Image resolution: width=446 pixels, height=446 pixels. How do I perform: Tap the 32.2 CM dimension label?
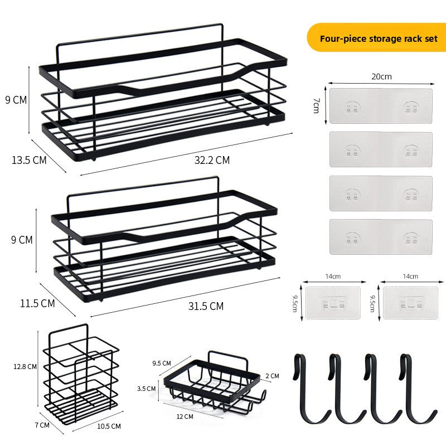tap(212, 160)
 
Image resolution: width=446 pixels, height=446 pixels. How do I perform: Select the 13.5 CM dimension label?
tap(29, 160)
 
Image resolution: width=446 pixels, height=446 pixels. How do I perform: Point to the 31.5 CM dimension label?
tap(206, 306)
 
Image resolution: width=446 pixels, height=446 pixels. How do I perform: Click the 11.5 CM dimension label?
tap(37, 303)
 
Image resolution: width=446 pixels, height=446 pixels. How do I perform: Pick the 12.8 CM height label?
tap(25, 367)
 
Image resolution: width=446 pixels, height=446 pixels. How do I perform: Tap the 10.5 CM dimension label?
tap(109, 426)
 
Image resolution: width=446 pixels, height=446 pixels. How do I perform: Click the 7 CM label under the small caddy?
tap(42, 425)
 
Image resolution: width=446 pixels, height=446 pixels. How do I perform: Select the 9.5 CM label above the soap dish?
tap(162, 363)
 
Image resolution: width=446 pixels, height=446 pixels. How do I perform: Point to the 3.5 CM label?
tap(146, 389)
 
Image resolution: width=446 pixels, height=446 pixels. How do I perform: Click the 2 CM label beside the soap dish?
tap(272, 376)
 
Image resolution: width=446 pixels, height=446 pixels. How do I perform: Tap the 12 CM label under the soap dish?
tap(185, 416)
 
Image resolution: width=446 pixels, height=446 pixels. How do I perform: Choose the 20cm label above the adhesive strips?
tap(381, 76)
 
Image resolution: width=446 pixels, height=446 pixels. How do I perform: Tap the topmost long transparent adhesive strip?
tap(381, 106)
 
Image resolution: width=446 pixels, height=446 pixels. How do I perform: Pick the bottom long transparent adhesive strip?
tap(381, 236)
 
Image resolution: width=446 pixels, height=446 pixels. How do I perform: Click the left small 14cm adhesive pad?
tap(333, 303)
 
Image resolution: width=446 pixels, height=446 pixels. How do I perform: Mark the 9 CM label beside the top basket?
tap(16, 100)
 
